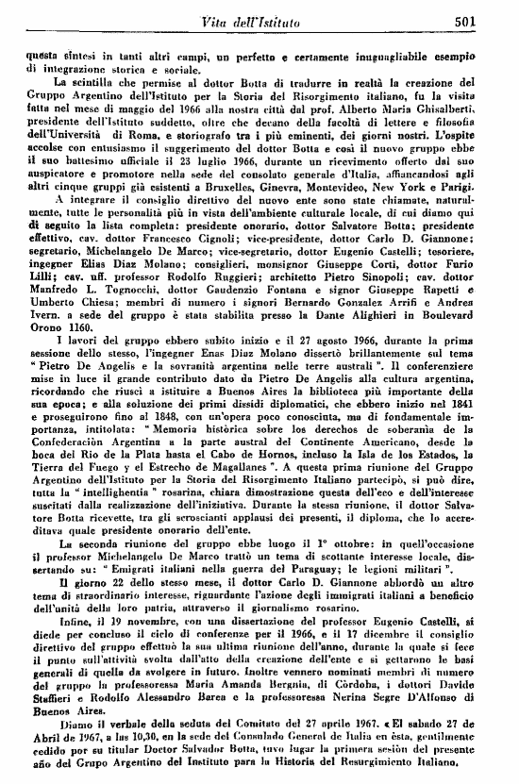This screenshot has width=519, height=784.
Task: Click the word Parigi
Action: (483, 214)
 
